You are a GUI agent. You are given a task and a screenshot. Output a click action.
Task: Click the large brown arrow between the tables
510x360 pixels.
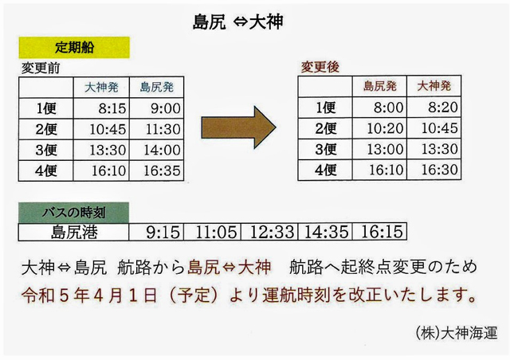coord(238,127)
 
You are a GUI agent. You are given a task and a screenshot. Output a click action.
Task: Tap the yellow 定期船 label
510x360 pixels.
coord(74,48)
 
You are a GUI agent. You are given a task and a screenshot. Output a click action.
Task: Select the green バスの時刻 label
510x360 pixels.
coord(73,213)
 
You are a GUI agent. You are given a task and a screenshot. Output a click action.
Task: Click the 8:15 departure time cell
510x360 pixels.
coord(101,108)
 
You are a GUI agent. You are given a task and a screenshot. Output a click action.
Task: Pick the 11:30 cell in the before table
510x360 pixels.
coord(156,129)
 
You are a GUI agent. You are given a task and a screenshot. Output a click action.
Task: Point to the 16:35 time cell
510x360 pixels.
coord(156,170)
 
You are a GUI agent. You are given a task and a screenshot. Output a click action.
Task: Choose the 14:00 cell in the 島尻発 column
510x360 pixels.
coord(156,150)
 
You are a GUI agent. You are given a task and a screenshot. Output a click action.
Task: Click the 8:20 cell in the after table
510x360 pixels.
coord(433,108)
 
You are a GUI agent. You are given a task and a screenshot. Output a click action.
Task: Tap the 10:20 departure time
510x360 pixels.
coord(379,128)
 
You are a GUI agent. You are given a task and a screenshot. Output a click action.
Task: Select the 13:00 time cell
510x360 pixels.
coord(379,149)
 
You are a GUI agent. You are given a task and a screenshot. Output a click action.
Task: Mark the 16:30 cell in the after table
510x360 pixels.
coord(433,170)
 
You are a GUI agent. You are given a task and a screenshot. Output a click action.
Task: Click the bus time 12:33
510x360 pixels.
coord(269,233)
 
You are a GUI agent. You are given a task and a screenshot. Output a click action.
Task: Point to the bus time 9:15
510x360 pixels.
coord(156,233)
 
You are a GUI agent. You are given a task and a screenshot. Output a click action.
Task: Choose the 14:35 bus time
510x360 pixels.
coord(325,233)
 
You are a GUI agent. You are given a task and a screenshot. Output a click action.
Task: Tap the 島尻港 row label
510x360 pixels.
coord(73,233)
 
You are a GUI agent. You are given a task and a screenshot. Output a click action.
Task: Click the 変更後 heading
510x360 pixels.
coord(320,67)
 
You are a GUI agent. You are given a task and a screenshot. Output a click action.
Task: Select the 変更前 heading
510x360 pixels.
coord(41,68)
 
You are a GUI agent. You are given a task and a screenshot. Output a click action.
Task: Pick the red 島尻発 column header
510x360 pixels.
coord(379,86)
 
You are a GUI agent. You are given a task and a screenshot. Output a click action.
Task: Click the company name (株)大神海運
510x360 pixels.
coord(457,333)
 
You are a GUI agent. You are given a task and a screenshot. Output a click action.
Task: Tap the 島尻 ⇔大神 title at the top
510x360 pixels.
coord(237,22)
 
